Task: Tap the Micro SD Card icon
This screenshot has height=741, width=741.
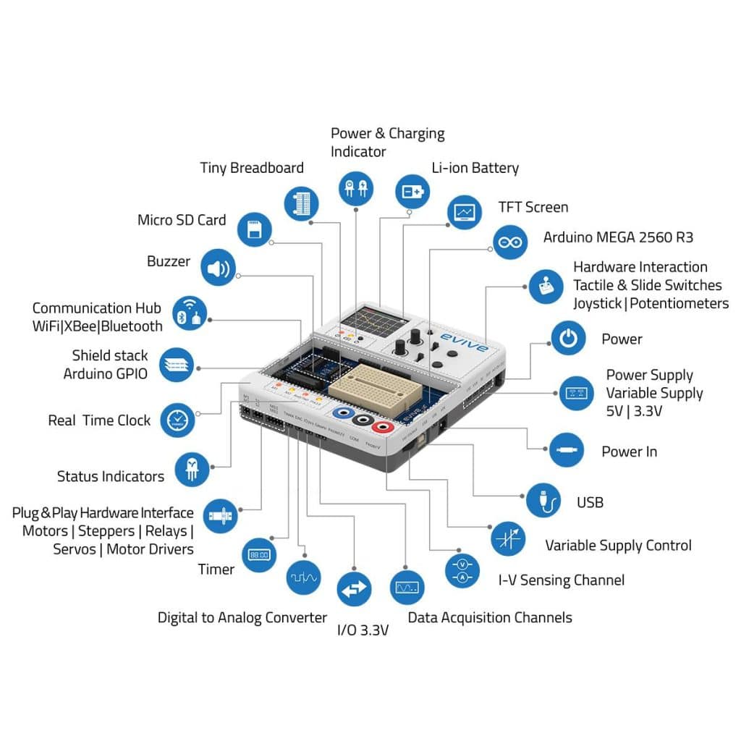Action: [x=255, y=229]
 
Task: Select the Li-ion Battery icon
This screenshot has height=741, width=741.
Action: [x=413, y=191]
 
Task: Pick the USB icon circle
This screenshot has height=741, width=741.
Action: [x=543, y=500]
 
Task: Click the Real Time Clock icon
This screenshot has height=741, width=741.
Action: [x=177, y=419]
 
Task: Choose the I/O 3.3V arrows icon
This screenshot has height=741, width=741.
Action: [x=355, y=589]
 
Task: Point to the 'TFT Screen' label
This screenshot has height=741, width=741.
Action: [x=533, y=207]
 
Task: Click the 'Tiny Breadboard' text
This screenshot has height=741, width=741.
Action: [x=252, y=168]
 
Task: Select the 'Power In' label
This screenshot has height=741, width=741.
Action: [x=629, y=452]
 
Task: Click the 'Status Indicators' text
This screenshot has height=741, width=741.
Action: [x=111, y=476]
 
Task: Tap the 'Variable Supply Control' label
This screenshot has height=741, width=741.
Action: [x=618, y=546]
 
